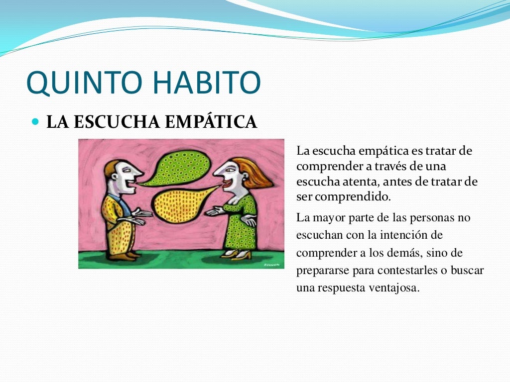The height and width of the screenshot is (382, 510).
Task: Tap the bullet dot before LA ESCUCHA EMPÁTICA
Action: tap(35, 121)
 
